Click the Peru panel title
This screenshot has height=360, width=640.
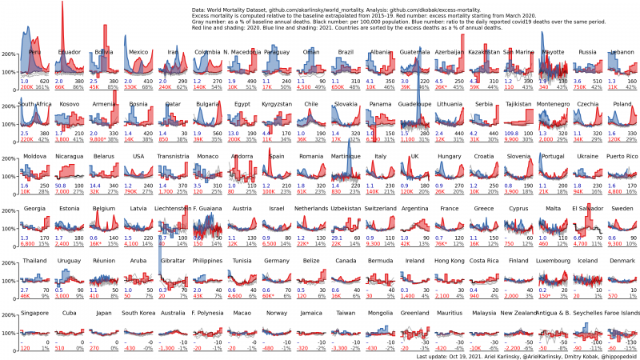(34, 52)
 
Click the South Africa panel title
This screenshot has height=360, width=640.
(34, 104)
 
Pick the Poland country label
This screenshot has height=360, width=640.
(622, 104)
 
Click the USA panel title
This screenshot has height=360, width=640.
(138, 156)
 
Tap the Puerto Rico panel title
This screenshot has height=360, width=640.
(622, 156)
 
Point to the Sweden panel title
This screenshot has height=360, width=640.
(622, 208)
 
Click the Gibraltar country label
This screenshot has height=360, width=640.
(173, 261)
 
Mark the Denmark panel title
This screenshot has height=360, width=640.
(622, 261)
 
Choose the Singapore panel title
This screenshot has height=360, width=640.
(34, 313)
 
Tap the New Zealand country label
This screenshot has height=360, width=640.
(518, 313)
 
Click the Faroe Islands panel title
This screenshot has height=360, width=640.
(621, 313)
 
